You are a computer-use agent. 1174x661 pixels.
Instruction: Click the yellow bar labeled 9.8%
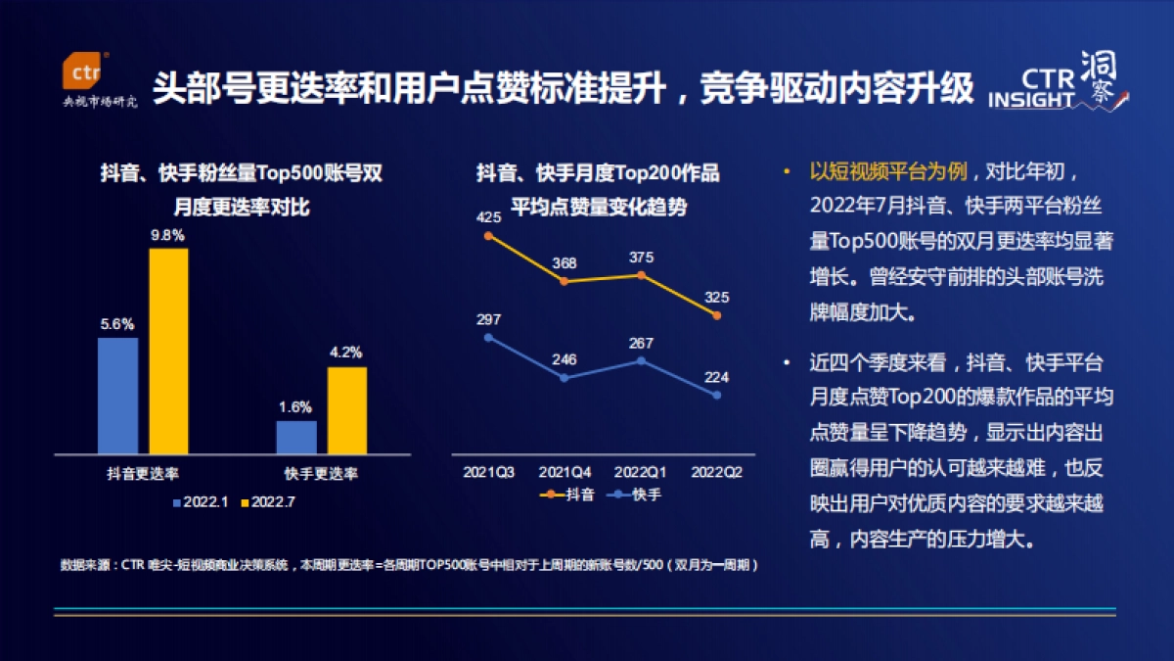168,351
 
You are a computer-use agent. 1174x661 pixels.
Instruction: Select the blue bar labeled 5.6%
117,396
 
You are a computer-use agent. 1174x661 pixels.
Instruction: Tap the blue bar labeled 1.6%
296,437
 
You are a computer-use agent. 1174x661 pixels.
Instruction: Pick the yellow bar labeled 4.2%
346,410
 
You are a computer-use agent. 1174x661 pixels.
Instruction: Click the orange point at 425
488,236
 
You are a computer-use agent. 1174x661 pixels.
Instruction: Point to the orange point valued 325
717,315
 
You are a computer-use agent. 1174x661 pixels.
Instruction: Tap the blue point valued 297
488,338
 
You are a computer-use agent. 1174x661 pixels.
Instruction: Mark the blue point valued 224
717,395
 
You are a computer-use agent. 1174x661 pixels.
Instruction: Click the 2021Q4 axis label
565,472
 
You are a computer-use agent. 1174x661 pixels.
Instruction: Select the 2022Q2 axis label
717,472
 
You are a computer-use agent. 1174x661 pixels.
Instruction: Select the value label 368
564,263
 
